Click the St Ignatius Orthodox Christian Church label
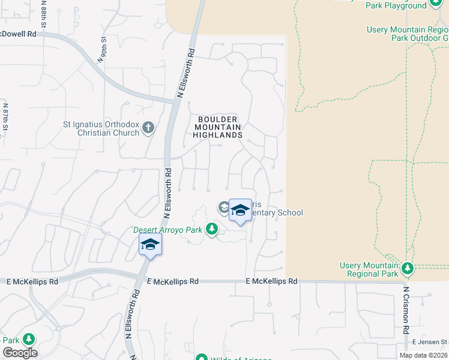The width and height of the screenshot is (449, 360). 101,128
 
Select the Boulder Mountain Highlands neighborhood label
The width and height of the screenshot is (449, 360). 217,127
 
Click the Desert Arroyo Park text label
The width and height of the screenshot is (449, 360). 167,229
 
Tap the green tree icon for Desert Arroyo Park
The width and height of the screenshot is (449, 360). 211,229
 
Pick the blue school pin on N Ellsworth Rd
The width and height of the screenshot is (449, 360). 149,245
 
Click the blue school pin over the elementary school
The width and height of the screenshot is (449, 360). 240,211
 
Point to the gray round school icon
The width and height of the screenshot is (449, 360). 224,208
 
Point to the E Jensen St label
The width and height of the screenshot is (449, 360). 427,342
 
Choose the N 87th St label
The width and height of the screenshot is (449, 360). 4,118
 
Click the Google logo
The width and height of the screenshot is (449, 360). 20,353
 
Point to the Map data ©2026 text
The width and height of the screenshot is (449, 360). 423,355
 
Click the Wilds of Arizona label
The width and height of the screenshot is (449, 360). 237,358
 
